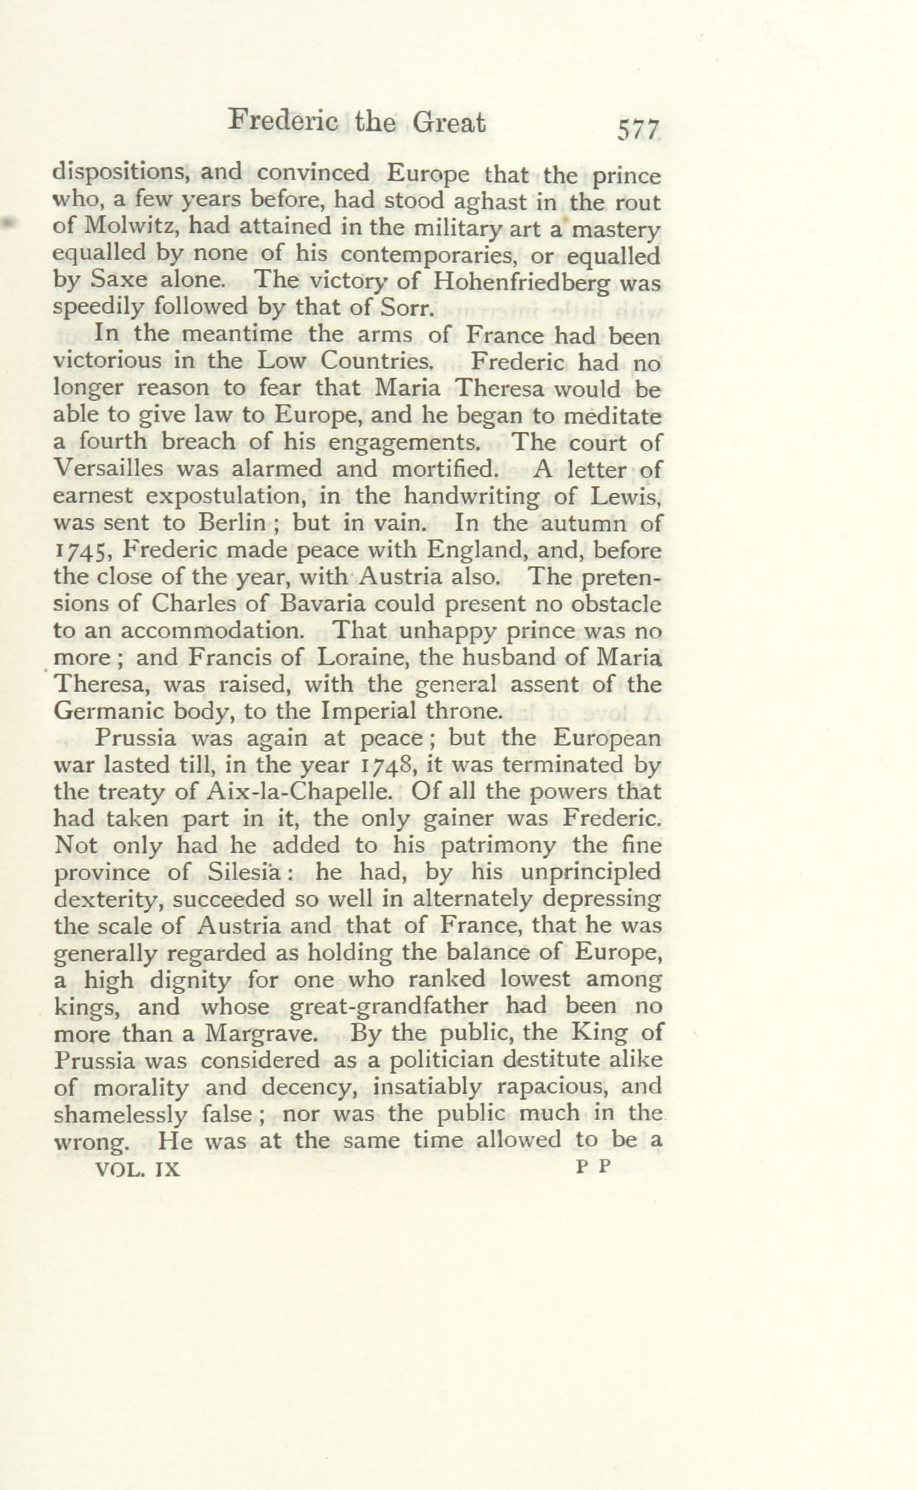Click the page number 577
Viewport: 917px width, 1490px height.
point(638,130)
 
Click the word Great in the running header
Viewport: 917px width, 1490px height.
point(449,123)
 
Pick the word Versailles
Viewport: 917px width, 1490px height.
point(109,468)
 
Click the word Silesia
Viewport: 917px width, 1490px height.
point(243,871)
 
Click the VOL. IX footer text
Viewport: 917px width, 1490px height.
point(138,1168)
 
